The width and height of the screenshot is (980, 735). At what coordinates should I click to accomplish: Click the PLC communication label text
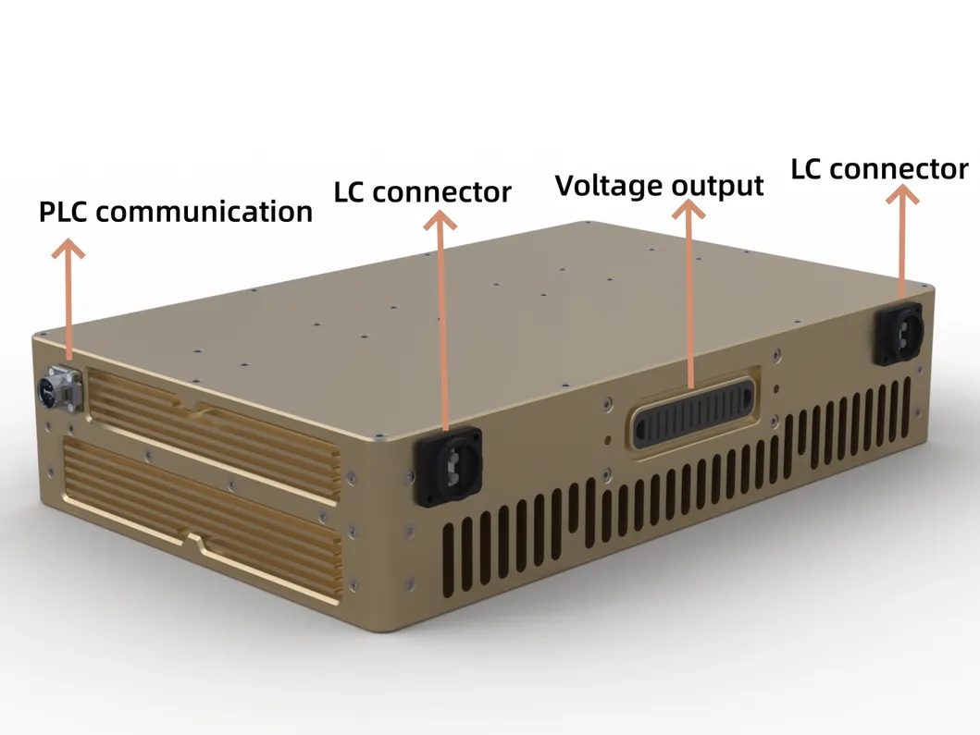(176, 212)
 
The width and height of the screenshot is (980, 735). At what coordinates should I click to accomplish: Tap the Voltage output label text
(660, 186)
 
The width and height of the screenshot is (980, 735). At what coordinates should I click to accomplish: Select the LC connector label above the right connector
(879, 169)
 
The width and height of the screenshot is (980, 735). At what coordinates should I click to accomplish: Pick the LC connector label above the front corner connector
(423, 191)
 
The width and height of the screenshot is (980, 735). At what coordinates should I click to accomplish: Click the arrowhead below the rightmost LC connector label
(902, 194)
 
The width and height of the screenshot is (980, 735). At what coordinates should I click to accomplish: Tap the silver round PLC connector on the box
(61, 388)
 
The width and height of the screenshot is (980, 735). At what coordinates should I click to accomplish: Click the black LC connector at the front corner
(448, 467)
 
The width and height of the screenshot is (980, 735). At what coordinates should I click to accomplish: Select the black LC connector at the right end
(899, 334)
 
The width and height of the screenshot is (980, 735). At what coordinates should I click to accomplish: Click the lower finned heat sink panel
(203, 518)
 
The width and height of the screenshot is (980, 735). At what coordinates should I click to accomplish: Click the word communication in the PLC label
(204, 212)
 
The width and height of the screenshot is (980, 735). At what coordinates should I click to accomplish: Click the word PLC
(64, 213)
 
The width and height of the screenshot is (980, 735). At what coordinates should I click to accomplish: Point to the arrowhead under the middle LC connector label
(440, 220)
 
